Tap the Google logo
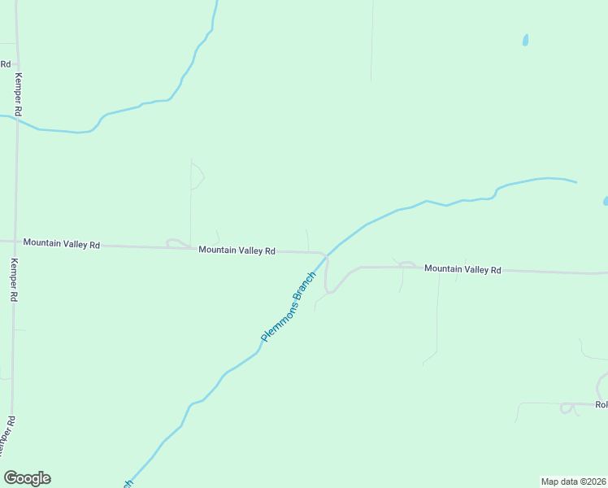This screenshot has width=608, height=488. [27, 478]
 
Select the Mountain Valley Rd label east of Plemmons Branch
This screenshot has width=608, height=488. [463, 269]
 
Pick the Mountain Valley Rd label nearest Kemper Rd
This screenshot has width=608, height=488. [61, 243]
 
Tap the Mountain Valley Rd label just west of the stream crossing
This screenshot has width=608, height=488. [237, 251]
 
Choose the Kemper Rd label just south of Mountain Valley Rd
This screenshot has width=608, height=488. [14, 281]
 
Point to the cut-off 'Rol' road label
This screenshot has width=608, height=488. [601, 404]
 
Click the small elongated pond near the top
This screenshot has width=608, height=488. [526, 39]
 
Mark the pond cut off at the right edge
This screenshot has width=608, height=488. [606, 200]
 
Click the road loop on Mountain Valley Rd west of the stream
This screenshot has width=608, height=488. [176, 242]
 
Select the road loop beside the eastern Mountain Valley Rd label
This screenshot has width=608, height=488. [407, 264]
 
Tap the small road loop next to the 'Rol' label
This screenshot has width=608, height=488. [567, 408]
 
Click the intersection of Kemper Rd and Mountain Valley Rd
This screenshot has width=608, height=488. [16, 242]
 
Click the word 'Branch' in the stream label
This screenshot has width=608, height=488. [304, 286]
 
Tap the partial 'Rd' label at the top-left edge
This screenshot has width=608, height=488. [5, 63]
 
